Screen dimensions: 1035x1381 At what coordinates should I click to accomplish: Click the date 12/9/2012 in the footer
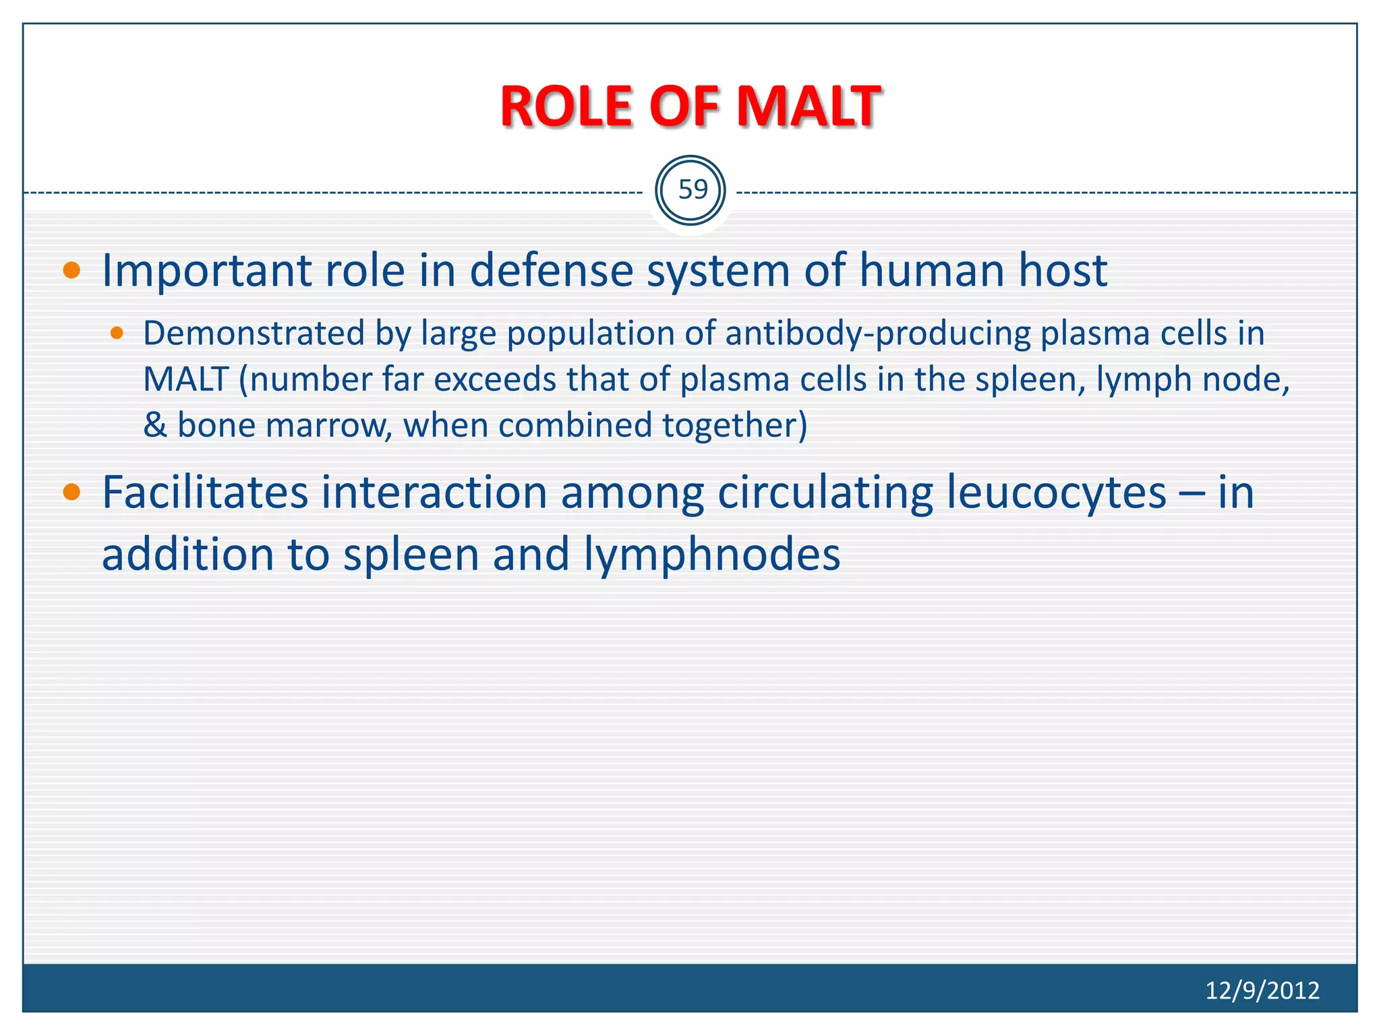coord(1262,990)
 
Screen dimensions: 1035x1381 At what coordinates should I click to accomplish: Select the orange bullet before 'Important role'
coord(71,271)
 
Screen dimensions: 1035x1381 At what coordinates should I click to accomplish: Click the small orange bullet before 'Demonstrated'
coord(117,333)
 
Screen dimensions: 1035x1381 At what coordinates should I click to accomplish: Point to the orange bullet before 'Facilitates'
coord(71,493)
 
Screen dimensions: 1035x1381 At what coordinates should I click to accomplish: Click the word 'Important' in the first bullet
coord(206,271)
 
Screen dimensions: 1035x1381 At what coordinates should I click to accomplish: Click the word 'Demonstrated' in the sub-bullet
coord(254,333)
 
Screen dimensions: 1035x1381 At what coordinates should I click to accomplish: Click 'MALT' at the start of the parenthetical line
coord(185,379)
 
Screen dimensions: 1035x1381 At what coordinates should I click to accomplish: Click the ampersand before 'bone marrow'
coord(155,425)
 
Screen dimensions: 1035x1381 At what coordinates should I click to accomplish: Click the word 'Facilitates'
coord(205,493)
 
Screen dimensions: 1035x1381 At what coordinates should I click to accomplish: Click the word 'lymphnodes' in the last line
coord(711,555)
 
